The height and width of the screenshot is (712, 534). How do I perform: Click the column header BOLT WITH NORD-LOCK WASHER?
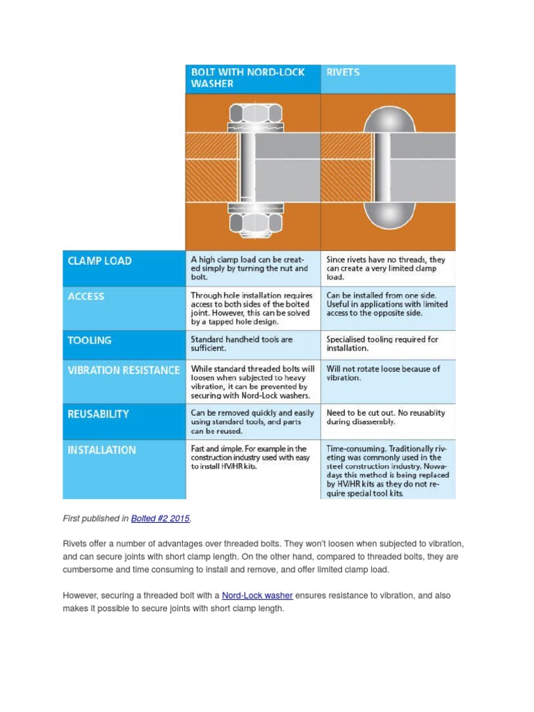click(x=248, y=78)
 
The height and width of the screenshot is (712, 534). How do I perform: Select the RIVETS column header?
click(x=343, y=72)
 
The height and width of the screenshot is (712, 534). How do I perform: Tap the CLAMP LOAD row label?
click(x=99, y=261)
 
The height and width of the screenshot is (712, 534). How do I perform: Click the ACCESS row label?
click(x=86, y=296)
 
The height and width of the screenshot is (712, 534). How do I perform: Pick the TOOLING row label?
click(x=89, y=341)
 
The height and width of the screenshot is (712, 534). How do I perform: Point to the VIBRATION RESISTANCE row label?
click(x=123, y=370)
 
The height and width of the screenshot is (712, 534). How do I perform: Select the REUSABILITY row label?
click(x=98, y=414)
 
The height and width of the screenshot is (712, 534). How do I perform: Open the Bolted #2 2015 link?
click(x=160, y=519)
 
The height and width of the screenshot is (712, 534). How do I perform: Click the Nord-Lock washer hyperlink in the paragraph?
click(x=257, y=595)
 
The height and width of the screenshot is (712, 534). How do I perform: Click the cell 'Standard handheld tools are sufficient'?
click(x=241, y=343)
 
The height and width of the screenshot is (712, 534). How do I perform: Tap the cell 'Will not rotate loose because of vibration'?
click(x=382, y=373)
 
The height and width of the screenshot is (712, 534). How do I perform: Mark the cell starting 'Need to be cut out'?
click(x=385, y=417)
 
